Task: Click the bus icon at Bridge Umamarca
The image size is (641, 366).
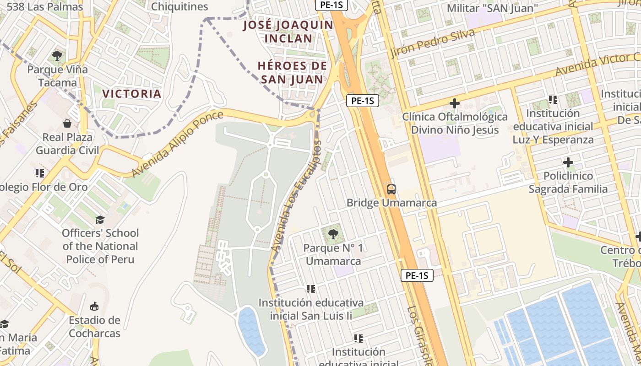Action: coord(391,188)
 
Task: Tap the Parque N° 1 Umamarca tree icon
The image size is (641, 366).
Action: coord(333,234)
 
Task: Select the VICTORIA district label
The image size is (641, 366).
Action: coord(132,94)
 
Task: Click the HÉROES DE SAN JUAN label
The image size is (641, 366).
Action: coord(292,72)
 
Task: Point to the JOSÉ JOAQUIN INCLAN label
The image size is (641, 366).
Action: coord(288,31)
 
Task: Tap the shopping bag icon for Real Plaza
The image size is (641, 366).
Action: coord(67,124)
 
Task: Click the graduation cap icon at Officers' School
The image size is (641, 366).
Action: coord(100,220)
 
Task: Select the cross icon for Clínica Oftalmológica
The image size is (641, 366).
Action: coord(454,103)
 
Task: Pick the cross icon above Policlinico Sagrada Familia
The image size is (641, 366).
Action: coord(568,162)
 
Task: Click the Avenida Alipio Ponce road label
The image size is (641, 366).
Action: coord(178,144)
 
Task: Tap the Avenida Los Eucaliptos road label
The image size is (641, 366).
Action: coord(297,196)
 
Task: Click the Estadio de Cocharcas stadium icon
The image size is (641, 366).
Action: coord(94,306)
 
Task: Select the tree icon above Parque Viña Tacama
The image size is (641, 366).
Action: coord(57,56)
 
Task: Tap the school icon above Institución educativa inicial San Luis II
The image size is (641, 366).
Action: coord(311,289)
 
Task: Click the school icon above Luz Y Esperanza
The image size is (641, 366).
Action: coord(553,99)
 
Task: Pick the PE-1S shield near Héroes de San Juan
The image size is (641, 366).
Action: coord(362,101)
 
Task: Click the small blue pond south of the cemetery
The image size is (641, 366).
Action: coord(251,330)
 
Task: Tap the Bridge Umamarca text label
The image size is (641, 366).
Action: coord(391,202)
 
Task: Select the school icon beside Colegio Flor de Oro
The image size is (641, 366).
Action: coord(40,173)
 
